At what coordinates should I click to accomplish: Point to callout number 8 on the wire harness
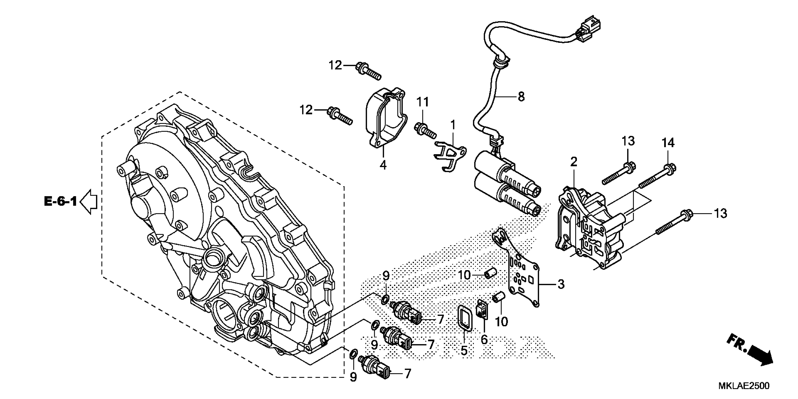pyautogui.click(x=521, y=97)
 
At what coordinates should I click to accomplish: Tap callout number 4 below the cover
pyautogui.click(x=383, y=165)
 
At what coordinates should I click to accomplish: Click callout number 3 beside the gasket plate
pyautogui.click(x=561, y=284)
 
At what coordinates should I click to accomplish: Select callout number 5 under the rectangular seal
pyautogui.click(x=464, y=350)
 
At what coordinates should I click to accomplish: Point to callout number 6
pyautogui.click(x=484, y=340)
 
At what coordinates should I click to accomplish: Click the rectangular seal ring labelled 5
pyautogui.click(x=465, y=322)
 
